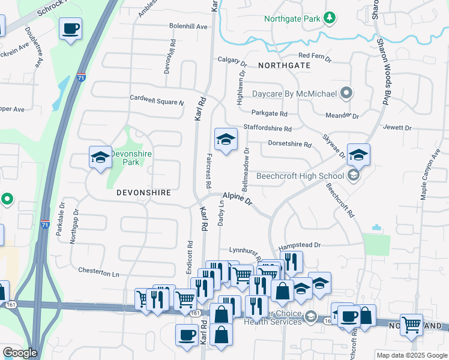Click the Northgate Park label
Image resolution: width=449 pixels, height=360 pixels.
(x=293, y=19)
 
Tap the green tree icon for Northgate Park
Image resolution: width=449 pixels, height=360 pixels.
(x=329, y=19)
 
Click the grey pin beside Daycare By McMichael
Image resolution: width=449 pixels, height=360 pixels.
(x=346, y=93)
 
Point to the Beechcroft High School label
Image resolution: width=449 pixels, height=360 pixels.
(x=300, y=176)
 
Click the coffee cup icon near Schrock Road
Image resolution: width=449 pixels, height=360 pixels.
(x=71, y=29)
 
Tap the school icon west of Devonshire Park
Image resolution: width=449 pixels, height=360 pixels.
(x=100, y=158)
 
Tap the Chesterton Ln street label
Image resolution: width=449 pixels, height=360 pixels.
(x=99, y=272)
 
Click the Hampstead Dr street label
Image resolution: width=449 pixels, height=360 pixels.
(x=300, y=245)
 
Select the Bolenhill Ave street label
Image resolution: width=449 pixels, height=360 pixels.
(x=188, y=27)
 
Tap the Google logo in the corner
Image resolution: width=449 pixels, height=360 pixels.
(x=19, y=353)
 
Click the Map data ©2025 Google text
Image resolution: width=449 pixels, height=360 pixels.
(x=411, y=355)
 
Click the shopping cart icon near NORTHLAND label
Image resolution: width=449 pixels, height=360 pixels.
(x=412, y=325)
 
